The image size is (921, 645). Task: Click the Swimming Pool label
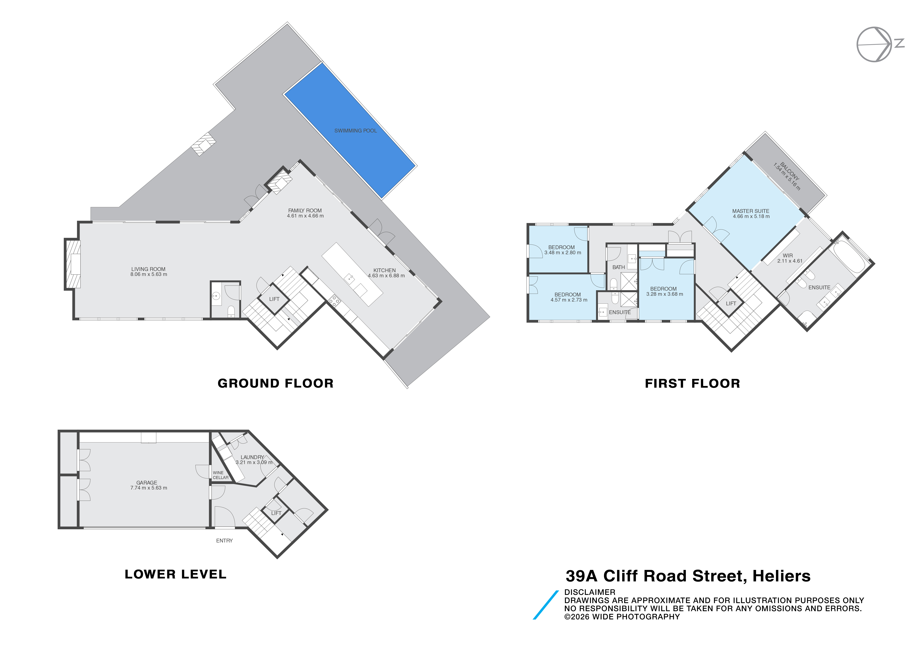(x=355, y=130)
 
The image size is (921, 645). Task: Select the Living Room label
(x=148, y=269)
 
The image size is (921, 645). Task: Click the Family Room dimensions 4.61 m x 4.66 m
(x=305, y=216)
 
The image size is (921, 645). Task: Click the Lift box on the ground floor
(x=274, y=299)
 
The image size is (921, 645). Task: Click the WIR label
(x=787, y=255)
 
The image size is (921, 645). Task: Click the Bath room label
(x=619, y=267)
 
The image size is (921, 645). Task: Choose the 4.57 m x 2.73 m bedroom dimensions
(x=569, y=300)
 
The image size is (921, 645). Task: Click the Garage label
(x=147, y=483)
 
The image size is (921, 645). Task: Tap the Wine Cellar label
(x=221, y=475)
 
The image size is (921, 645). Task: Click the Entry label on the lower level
(x=224, y=541)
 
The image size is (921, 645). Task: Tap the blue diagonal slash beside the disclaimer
(x=546, y=605)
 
